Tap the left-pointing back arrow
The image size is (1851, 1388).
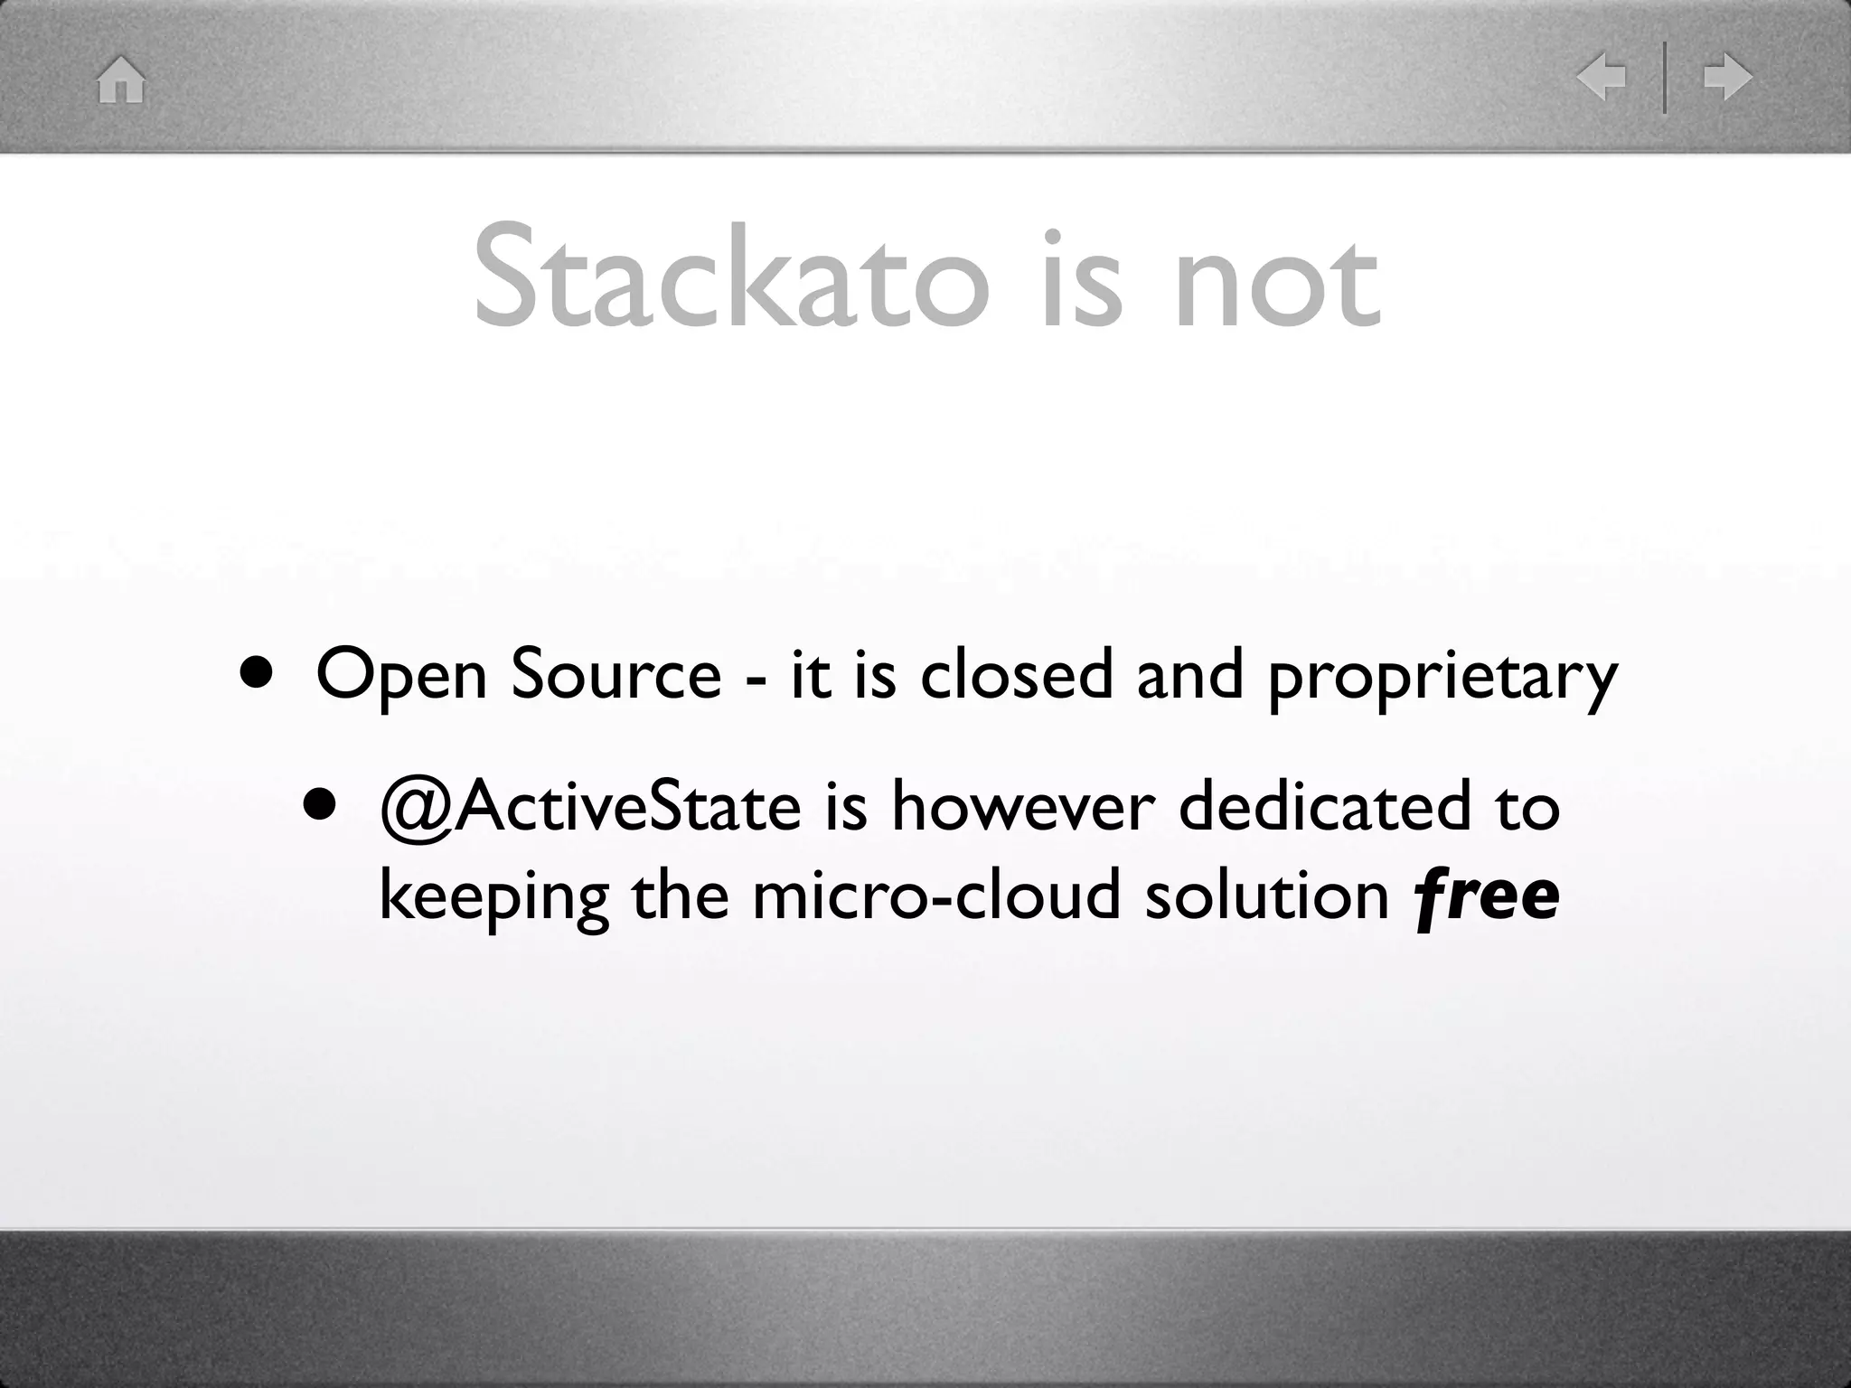1601,78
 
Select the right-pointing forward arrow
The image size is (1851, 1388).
1727,78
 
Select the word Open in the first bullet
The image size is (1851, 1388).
401,676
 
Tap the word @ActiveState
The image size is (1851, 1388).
590,806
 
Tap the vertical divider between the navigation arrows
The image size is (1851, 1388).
1665,78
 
